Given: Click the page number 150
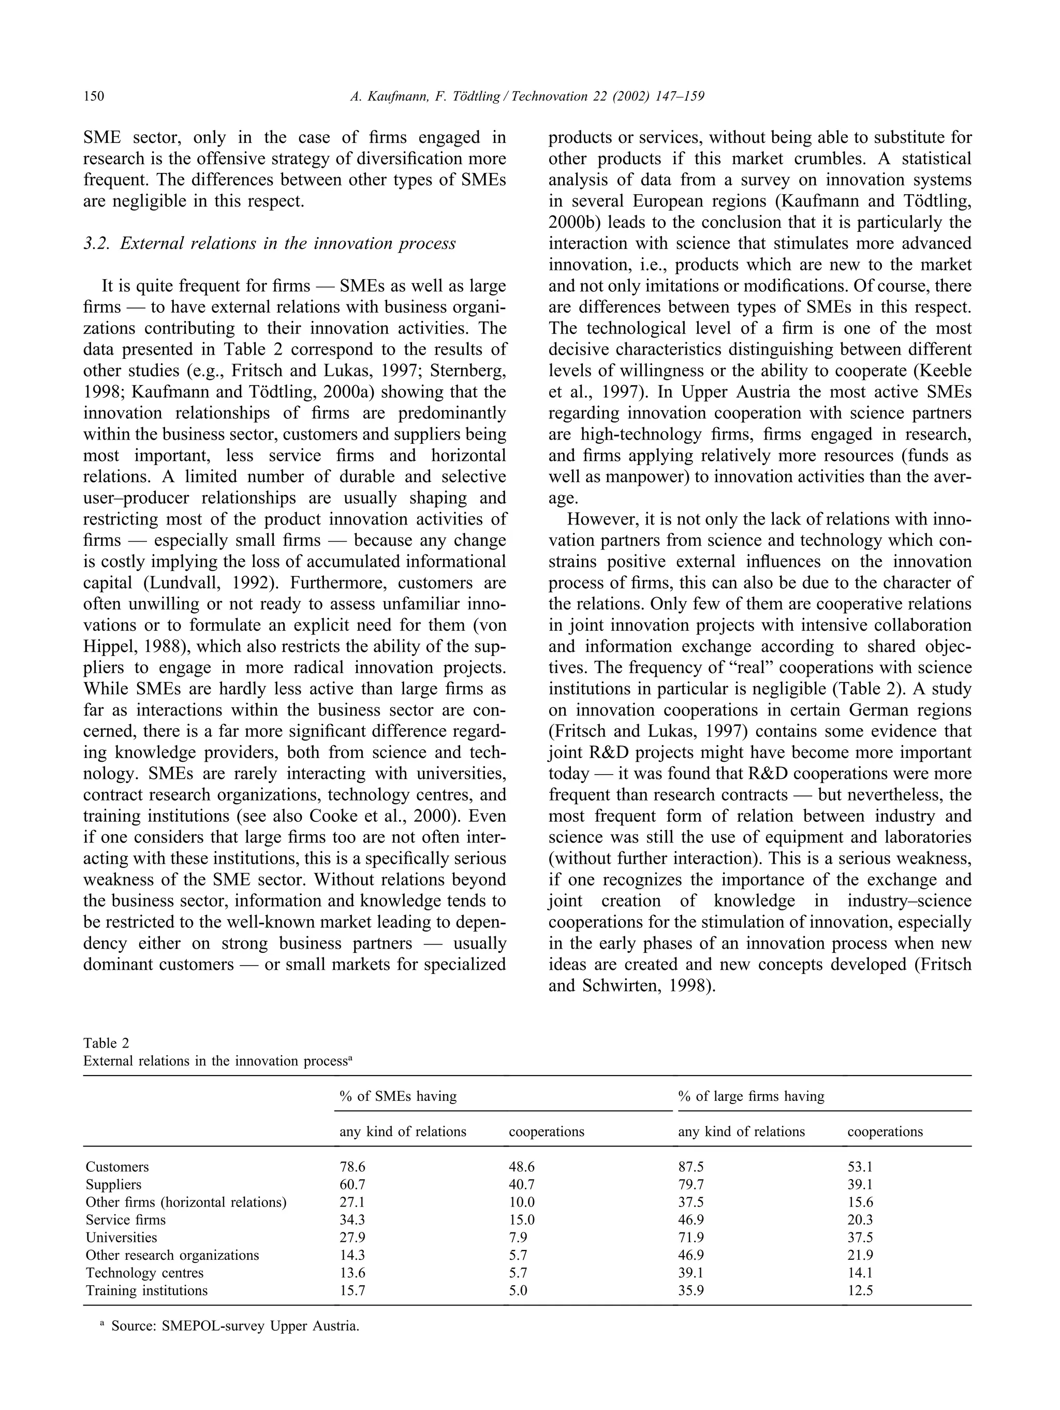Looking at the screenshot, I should pyautogui.click(x=93, y=96).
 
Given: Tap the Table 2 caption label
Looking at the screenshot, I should pyautogui.click(x=106, y=1043).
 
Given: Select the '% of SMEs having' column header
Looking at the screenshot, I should pyautogui.click(x=397, y=1096).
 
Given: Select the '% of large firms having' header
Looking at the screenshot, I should pyautogui.click(x=750, y=1096).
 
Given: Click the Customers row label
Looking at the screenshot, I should pyautogui.click(x=117, y=1167).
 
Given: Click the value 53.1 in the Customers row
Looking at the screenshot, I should pyautogui.click(x=860, y=1167).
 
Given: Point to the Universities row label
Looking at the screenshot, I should pyautogui.click(x=121, y=1237).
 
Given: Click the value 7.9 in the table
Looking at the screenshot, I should pyautogui.click(x=518, y=1237).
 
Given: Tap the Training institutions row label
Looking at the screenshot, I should pyautogui.click(x=146, y=1291).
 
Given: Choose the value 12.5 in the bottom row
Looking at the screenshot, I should pyautogui.click(x=860, y=1291).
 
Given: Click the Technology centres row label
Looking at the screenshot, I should pyautogui.click(x=144, y=1273).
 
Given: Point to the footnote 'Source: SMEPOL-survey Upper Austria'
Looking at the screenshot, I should pyautogui.click(x=235, y=1327).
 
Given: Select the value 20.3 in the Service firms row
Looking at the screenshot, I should pyautogui.click(x=860, y=1220).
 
